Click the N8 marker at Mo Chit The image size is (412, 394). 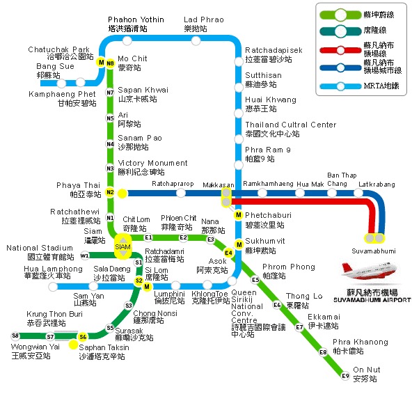pos(110,63)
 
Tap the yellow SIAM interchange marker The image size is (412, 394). pos(122,247)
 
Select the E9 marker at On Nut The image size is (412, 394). pos(345,377)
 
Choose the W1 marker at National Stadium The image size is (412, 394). pos(85,255)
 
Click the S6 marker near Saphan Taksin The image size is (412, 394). pos(83,337)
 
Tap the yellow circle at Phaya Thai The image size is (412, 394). pos(122,193)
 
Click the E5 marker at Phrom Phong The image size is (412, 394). pos(255,280)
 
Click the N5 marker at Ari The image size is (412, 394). pos(110,118)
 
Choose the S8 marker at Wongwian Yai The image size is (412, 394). pos(15,336)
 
